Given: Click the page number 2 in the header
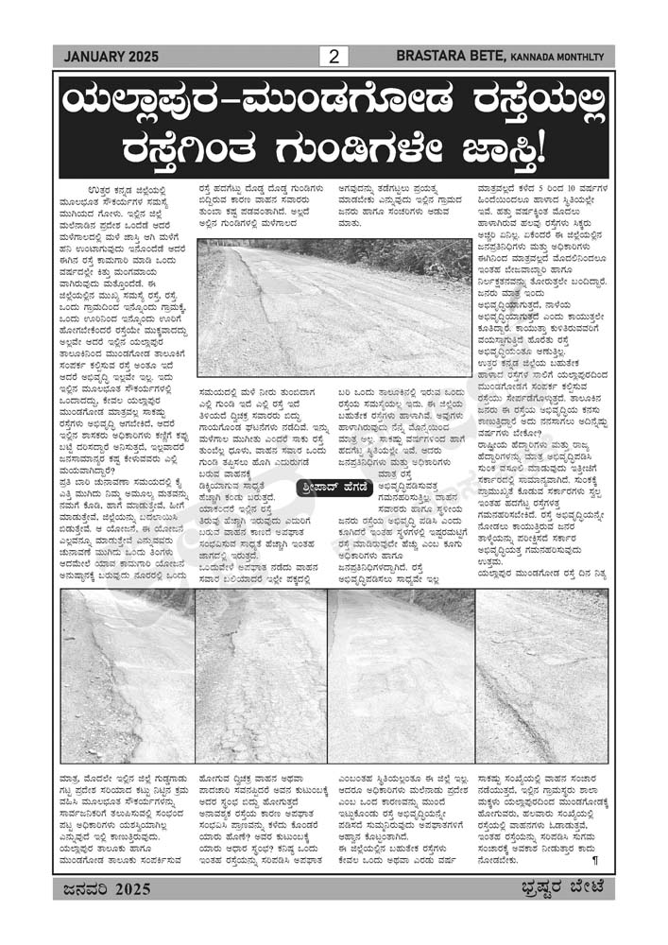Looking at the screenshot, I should (333, 57).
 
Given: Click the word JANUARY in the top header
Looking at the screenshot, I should (96, 58).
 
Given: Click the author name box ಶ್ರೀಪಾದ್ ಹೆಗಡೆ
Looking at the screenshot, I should (328, 488).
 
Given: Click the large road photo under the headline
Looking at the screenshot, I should (334, 307).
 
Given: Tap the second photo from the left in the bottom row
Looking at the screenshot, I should (261, 676).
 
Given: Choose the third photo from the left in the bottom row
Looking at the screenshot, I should (401, 676).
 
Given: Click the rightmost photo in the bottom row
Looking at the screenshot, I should (541, 676).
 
